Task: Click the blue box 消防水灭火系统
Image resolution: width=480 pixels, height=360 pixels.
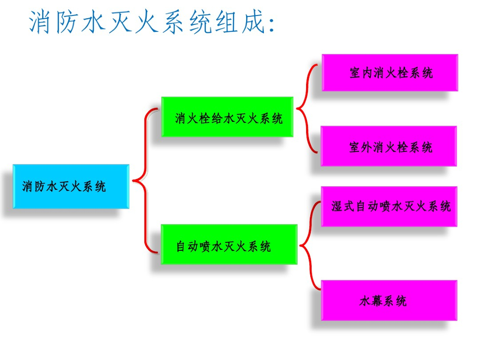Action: point(71,186)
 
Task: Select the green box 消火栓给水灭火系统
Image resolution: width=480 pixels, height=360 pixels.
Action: point(227,117)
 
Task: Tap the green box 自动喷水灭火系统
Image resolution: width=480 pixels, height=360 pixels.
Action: point(229,244)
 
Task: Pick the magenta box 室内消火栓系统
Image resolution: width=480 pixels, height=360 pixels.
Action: point(390,73)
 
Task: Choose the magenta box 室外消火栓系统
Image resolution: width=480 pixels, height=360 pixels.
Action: point(389,146)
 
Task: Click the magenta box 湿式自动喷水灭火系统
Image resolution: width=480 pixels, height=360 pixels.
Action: point(389,206)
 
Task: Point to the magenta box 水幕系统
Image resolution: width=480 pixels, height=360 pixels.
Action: point(389,300)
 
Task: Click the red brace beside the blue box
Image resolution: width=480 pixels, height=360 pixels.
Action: point(146,180)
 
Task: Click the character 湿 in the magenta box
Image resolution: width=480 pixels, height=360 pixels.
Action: point(337,207)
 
